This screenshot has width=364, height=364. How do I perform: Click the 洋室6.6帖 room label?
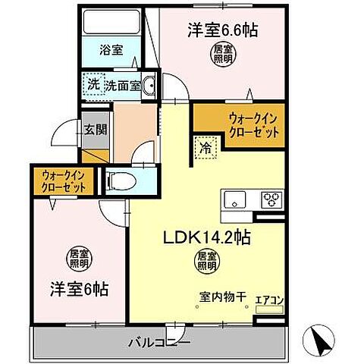point(222,30)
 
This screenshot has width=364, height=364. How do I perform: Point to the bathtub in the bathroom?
point(117,23)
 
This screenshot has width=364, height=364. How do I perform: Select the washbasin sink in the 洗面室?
point(149,85)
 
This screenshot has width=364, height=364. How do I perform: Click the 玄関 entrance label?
point(95,129)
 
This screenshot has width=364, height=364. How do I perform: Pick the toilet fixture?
point(121,181)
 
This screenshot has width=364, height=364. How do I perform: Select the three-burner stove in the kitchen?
point(270,200)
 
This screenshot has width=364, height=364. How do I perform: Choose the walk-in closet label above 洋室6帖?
point(67,180)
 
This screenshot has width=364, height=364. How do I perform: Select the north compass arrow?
point(322,338)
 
